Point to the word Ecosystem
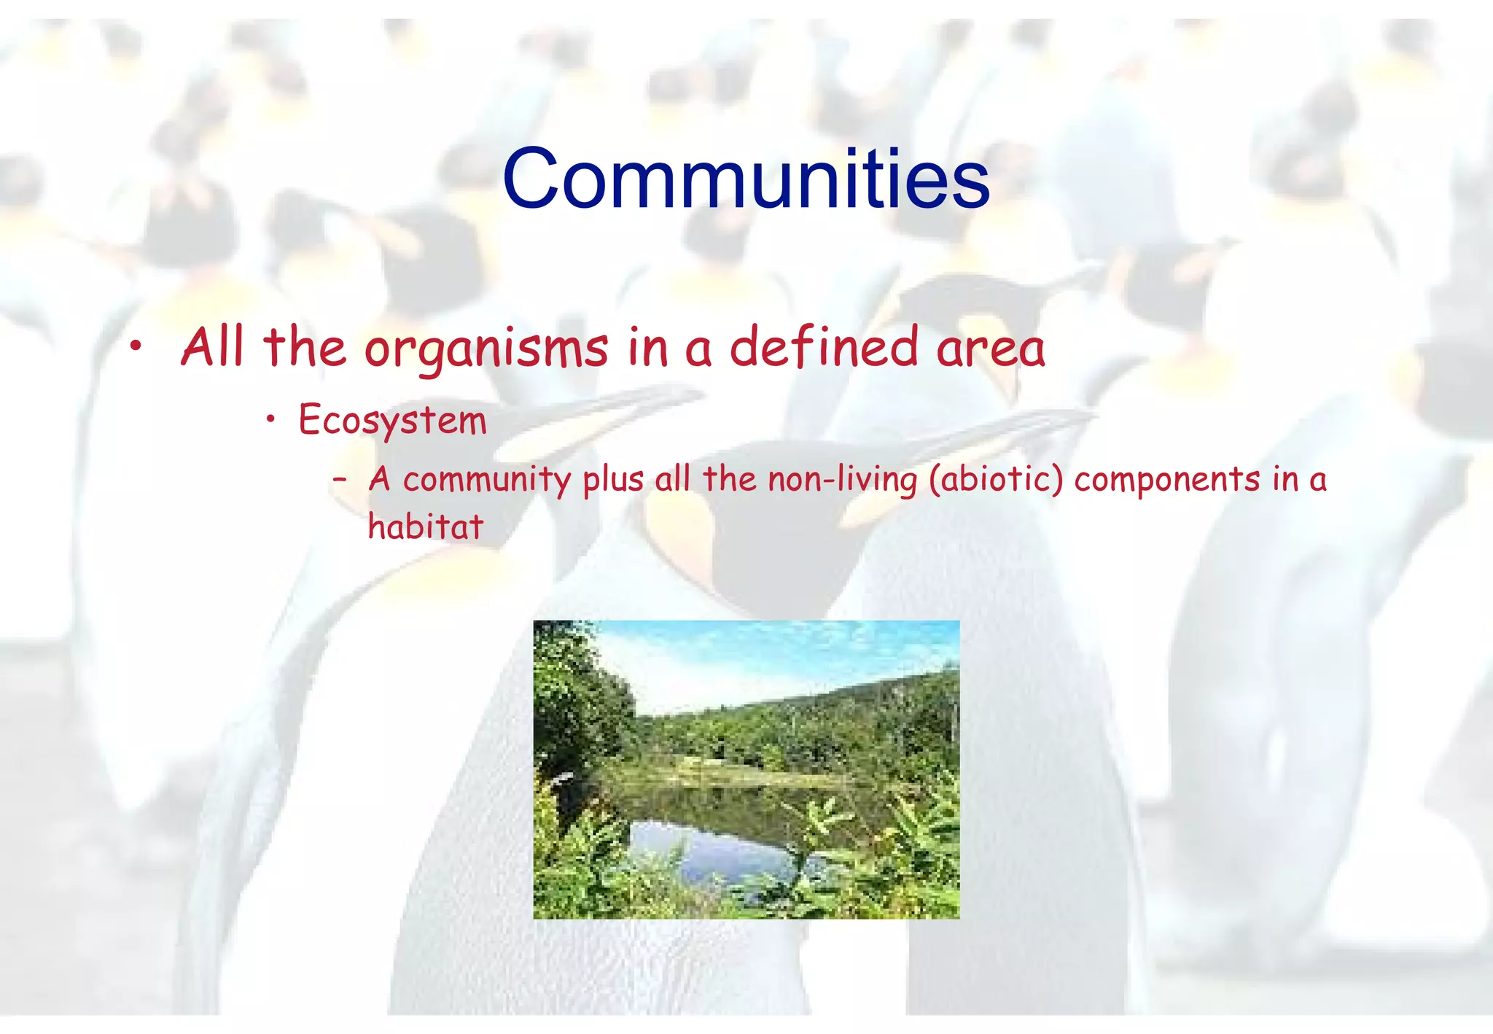point(392,421)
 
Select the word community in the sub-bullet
point(486,481)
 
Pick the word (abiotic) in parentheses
point(996,481)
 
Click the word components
point(1166,480)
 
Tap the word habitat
point(425,526)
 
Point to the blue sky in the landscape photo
point(765,656)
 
